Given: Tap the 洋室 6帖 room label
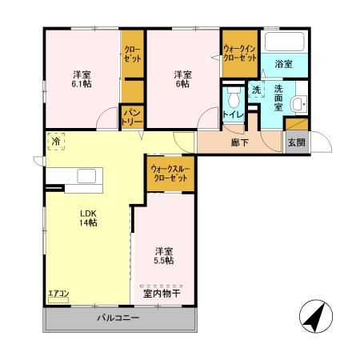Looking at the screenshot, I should tap(183, 77).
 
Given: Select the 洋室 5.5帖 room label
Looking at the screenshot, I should tap(165, 254).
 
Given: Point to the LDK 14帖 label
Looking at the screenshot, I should tap(87, 218).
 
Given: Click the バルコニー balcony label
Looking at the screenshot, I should tap(118, 318).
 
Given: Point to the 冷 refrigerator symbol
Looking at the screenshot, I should tap(56, 139).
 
